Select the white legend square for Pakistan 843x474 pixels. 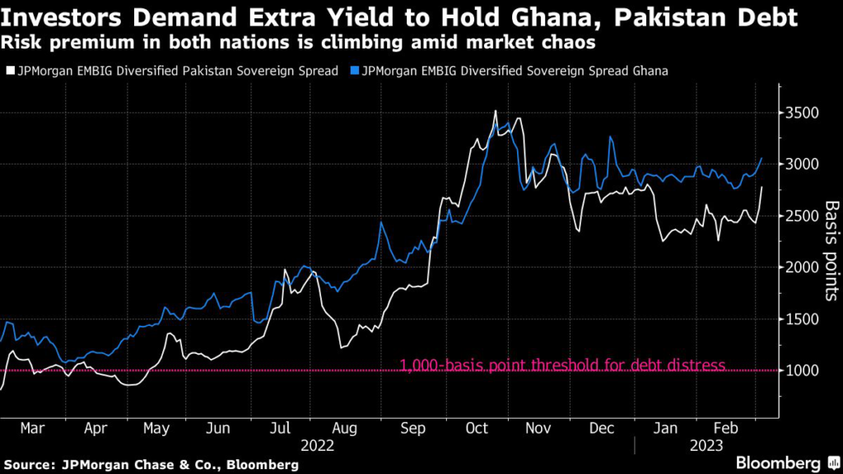(x=7, y=71)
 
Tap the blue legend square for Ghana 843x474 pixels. (x=353, y=71)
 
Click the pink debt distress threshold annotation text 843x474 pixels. (x=562, y=365)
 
